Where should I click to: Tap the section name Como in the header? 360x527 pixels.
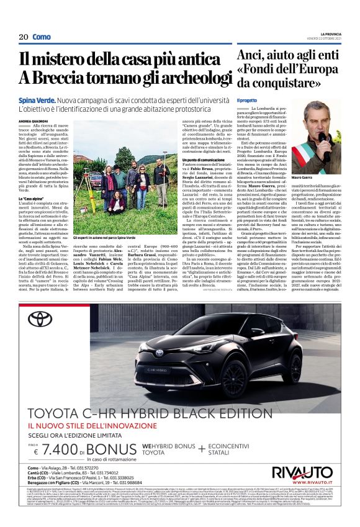(x=42, y=37)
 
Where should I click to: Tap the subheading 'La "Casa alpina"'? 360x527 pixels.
(x=30, y=197)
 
